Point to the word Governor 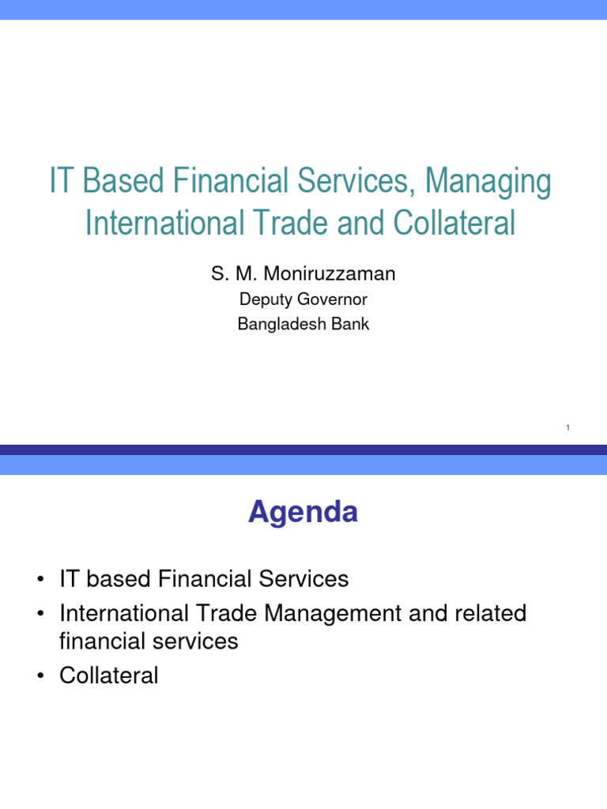[329, 299]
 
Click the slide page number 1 [568, 428]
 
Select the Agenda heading [303, 513]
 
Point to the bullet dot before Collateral [39, 676]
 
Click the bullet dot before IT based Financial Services [39, 580]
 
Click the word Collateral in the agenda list [108, 675]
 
